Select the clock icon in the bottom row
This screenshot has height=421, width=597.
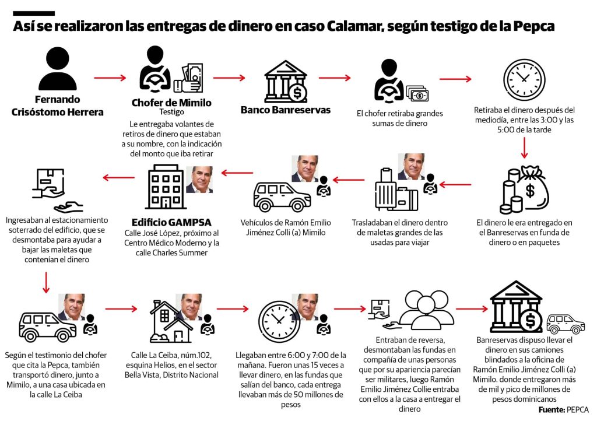click(x=279, y=321)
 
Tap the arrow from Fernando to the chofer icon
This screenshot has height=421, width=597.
click(x=110, y=76)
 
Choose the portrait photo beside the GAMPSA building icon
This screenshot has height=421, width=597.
click(x=199, y=180)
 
